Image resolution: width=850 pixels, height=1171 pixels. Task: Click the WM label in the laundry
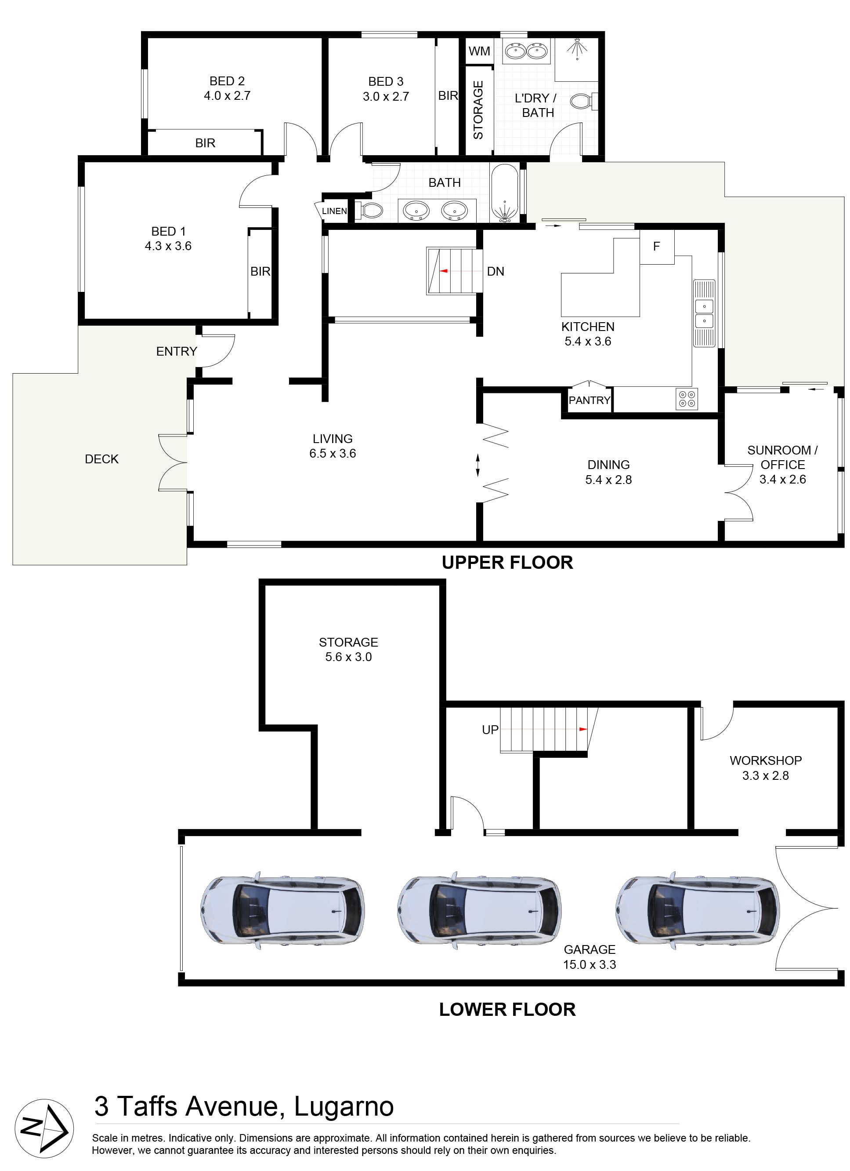click(x=479, y=51)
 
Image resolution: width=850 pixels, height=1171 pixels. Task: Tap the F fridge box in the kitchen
click(x=656, y=246)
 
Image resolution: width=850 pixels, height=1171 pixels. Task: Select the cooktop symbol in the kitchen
click(x=687, y=399)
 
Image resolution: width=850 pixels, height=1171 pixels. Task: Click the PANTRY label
click(x=590, y=400)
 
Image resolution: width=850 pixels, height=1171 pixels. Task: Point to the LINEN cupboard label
click(x=334, y=211)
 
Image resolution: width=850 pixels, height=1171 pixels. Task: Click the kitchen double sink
click(x=704, y=313)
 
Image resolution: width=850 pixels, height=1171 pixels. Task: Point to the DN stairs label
click(x=496, y=271)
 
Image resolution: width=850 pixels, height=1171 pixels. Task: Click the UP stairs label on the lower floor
click(x=490, y=730)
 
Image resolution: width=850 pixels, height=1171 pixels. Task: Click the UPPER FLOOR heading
click(x=507, y=562)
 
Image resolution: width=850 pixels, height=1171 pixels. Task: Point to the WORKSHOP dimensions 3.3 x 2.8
click(x=765, y=775)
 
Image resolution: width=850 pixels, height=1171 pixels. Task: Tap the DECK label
click(x=101, y=459)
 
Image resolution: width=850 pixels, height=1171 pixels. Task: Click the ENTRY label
click(x=177, y=351)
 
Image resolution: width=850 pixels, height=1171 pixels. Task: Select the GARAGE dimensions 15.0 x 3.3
click(x=590, y=964)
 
